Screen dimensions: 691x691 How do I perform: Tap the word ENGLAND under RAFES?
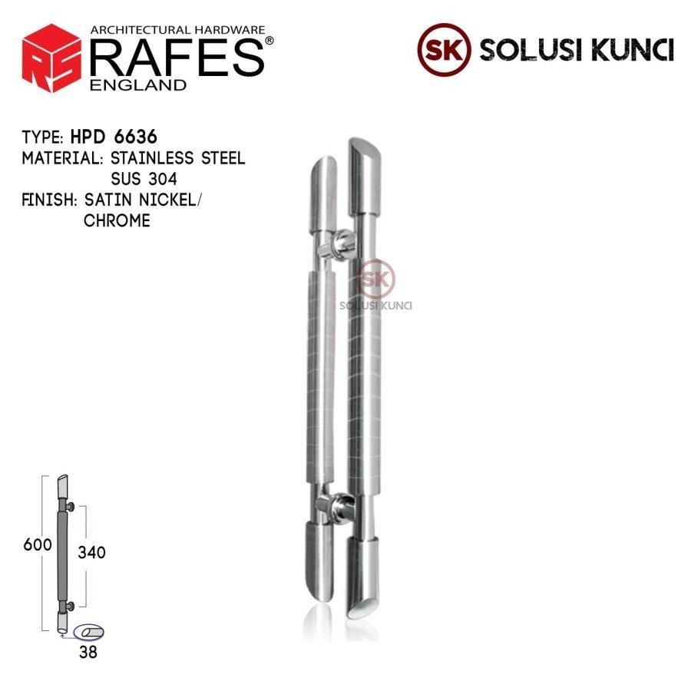(x=138, y=84)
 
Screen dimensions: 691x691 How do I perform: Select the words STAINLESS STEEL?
(x=177, y=159)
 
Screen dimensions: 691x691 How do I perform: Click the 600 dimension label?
(x=37, y=545)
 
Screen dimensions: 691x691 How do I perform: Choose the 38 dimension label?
(x=88, y=653)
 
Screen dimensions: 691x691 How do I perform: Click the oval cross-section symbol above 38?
(x=88, y=631)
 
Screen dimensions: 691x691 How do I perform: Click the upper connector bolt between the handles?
(x=339, y=246)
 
